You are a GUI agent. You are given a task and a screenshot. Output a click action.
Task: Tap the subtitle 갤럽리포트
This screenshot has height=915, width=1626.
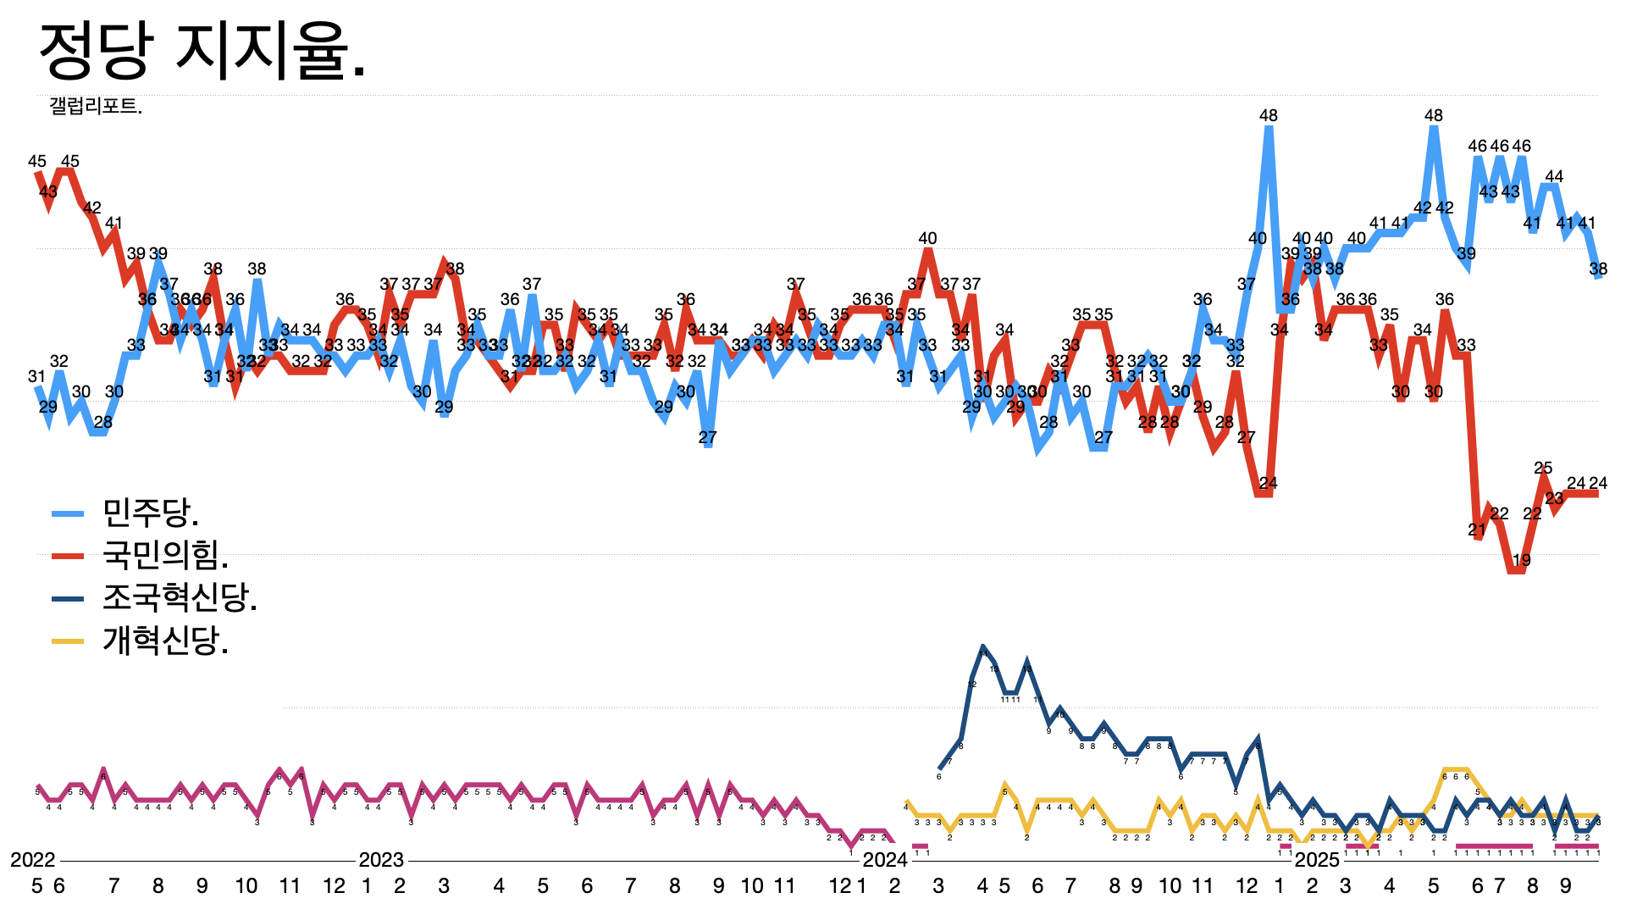coord(96,106)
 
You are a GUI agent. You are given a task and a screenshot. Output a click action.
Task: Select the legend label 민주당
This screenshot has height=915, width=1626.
coord(151,512)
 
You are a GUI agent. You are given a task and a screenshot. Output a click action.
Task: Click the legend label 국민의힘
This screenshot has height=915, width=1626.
coord(165,555)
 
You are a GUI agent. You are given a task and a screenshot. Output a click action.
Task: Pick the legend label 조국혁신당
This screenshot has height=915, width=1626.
coord(180,598)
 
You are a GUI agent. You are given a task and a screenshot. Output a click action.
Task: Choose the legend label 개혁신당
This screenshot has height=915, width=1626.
coord(165,641)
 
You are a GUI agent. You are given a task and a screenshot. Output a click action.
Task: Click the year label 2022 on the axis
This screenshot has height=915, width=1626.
coord(33,860)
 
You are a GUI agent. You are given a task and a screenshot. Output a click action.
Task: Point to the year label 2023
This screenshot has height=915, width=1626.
coord(381,860)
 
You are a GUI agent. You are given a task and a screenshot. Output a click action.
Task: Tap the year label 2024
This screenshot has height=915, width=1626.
coord(885,860)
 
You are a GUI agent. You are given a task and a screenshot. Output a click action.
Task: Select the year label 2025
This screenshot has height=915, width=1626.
coord(1318,860)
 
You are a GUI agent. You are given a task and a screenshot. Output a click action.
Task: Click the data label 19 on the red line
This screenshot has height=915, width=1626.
coord(1522,560)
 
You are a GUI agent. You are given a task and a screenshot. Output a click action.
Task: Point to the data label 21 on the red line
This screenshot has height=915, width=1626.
coord(1477,530)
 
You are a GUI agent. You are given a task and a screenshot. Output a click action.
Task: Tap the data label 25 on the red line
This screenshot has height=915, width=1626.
coord(1543,468)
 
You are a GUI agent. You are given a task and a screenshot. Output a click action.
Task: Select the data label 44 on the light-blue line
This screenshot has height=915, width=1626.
coord(1554,176)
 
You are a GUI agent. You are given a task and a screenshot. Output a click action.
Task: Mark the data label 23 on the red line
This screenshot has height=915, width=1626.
coord(1554,498)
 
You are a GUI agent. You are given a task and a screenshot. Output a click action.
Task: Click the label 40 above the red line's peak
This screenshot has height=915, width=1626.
coord(928,238)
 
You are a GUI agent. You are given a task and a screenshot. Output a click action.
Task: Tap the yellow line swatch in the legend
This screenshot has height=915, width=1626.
coord(68,641)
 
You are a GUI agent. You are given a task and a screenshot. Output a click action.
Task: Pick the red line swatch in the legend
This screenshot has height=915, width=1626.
coord(68,556)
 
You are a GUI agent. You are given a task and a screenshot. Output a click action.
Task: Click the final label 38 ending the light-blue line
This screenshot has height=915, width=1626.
coord(1598,269)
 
